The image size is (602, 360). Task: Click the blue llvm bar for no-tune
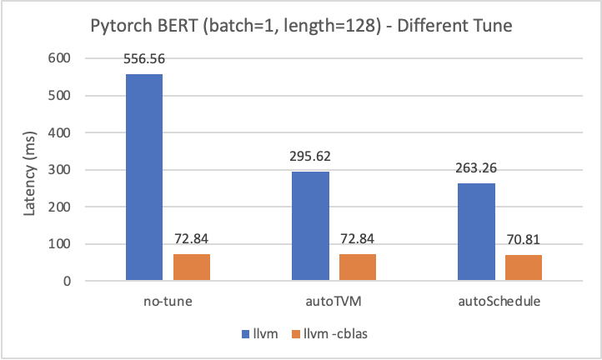coord(144,177)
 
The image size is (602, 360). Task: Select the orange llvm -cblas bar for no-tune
coord(192,267)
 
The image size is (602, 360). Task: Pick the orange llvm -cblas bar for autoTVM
coord(358,267)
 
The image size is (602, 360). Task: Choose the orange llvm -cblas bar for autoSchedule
coord(524,267)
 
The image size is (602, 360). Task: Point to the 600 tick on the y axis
coord(59,58)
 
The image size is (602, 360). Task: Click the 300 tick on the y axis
coord(59,170)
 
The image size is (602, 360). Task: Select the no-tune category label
coord(168,301)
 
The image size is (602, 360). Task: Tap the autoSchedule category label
coord(500,301)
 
